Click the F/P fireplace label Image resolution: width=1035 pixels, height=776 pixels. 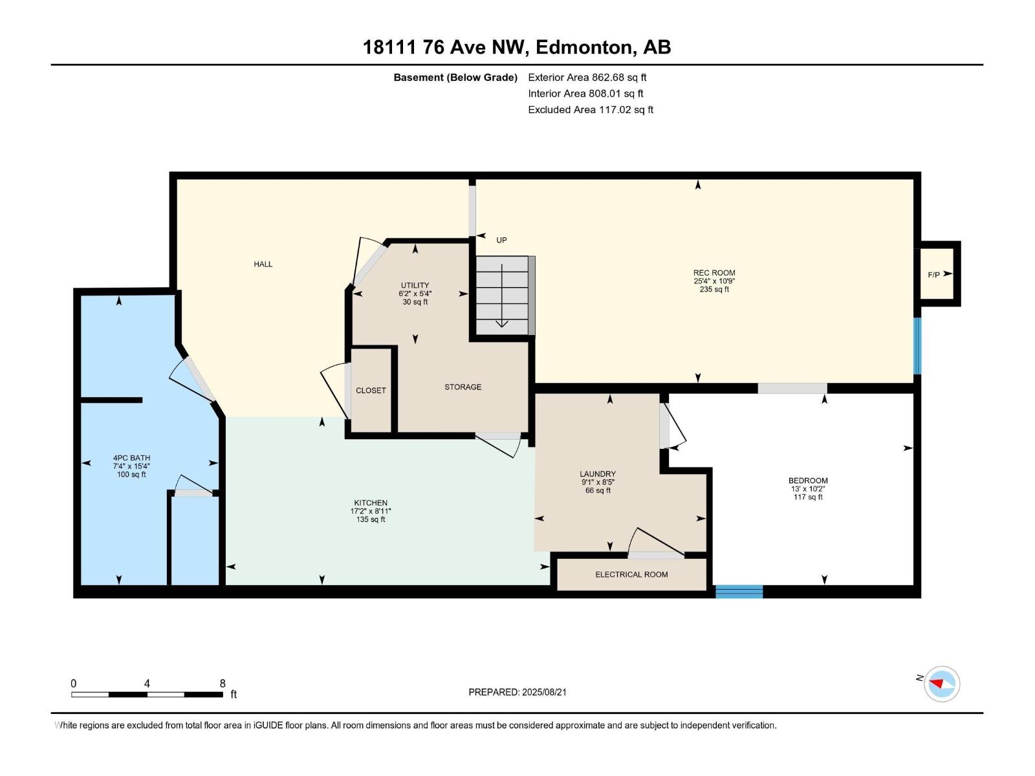[x=933, y=275]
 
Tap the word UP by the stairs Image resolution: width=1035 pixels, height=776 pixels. [x=501, y=241]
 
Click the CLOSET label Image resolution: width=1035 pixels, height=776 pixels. [x=371, y=391]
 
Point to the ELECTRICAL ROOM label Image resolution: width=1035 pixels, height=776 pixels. [x=631, y=574]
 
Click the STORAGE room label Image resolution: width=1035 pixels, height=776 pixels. [x=463, y=387]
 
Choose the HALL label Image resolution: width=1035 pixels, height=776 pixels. [x=263, y=264]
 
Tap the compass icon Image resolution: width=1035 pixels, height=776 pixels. [x=941, y=684]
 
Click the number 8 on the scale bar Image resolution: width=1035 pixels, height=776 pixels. [x=223, y=683]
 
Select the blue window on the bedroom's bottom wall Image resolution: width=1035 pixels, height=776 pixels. [x=739, y=591]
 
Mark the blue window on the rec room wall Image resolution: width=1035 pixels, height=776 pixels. [x=917, y=346]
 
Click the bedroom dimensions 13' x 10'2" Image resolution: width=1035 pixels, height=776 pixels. [x=808, y=489]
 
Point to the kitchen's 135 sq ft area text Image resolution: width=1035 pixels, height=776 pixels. [x=371, y=520]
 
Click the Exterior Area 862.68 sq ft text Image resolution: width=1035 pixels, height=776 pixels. [x=587, y=77]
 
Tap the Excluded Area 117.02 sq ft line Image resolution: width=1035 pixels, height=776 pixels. [x=591, y=110]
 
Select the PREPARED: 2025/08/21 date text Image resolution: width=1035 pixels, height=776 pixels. [x=517, y=692]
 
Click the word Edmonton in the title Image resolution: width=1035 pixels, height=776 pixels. [x=583, y=47]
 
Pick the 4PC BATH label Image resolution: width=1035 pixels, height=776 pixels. [x=131, y=457]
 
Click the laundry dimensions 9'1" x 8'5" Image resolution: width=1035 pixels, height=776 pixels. [x=598, y=482]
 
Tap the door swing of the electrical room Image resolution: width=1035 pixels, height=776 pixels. [x=655, y=542]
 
